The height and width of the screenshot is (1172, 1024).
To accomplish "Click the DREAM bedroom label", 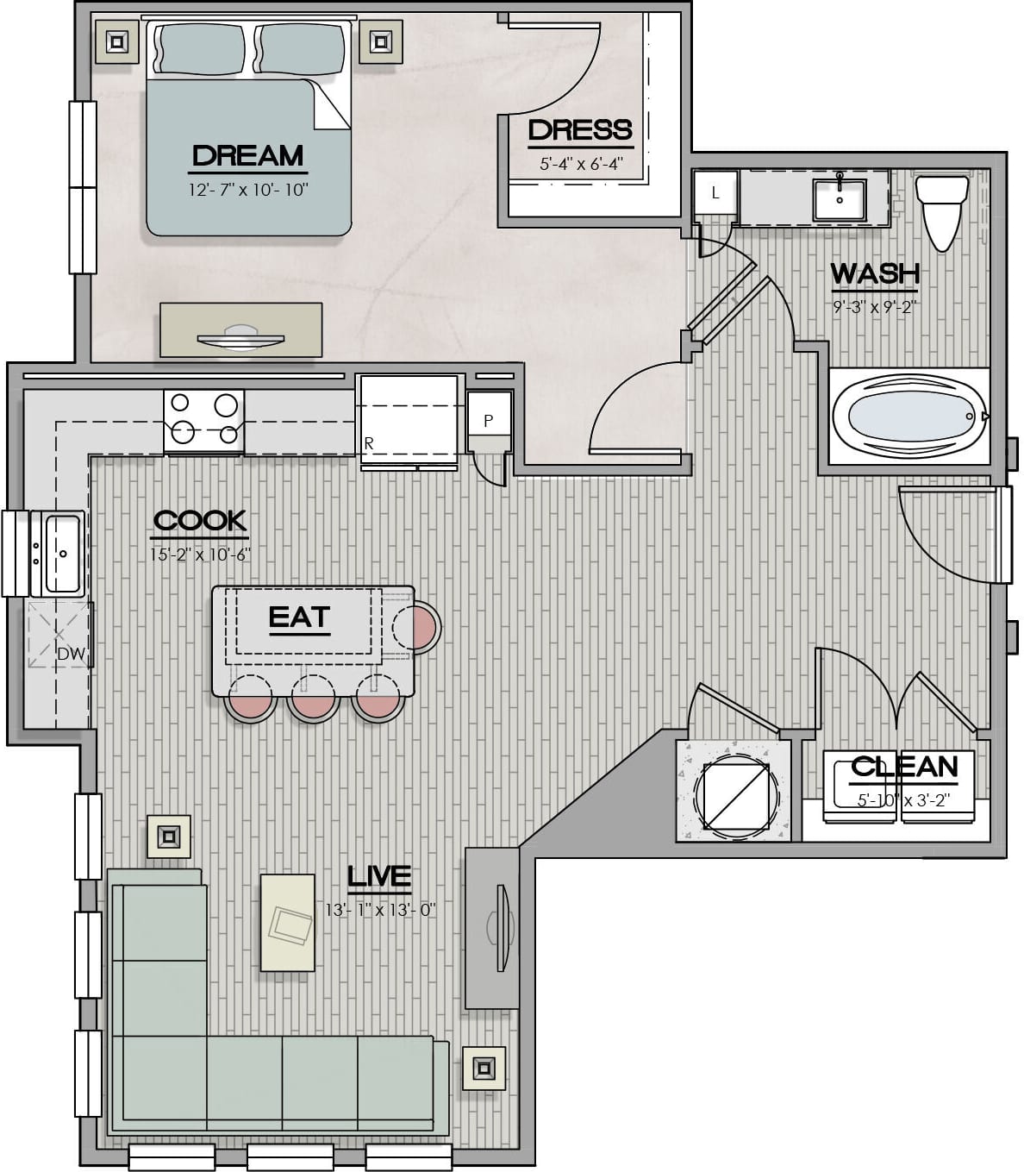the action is [x=248, y=156].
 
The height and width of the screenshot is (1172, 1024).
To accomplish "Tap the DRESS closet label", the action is [x=580, y=130].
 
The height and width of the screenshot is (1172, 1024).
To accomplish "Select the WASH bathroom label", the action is [x=875, y=273].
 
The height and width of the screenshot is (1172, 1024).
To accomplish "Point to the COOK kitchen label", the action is [x=200, y=521].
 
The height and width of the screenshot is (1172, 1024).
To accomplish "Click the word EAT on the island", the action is [x=299, y=617].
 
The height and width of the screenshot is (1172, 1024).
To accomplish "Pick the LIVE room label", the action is [x=379, y=876].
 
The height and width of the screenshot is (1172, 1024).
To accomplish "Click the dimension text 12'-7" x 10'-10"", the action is [x=248, y=190].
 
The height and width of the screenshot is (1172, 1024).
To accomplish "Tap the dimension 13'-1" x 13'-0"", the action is [x=381, y=910].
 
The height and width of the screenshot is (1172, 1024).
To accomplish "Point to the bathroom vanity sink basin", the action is [x=840, y=198].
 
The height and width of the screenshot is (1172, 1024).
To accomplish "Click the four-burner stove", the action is [x=203, y=421].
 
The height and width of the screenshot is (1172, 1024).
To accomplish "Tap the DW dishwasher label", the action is [x=72, y=654].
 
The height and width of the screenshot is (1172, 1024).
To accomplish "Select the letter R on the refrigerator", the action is [x=369, y=442].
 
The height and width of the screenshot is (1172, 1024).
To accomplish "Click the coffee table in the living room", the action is [x=287, y=922].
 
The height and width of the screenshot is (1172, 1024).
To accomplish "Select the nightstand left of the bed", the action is [x=116, y=41].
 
